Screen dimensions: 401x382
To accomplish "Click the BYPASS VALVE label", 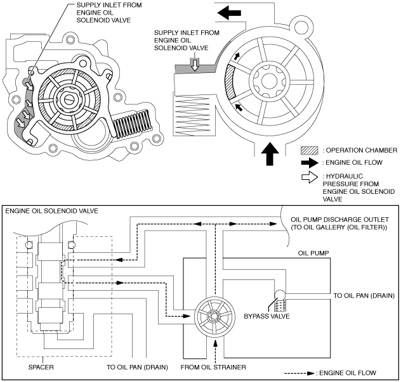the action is [x=266, y=316].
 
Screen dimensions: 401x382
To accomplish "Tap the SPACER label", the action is [x=41, y=367].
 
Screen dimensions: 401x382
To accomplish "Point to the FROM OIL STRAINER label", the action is [x=213, y=367].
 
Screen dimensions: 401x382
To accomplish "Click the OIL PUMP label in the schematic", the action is [x=313, y=253].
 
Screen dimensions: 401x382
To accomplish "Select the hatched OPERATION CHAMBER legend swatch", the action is [x=310, y=151].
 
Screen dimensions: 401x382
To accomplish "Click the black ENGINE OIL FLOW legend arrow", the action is [x=310, y=163].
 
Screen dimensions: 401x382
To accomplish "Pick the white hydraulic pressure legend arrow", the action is [x=310, y=177].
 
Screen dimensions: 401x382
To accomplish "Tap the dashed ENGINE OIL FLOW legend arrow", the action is [x=299, y=373].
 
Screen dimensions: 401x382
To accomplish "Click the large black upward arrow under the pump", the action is [x=270, y=154].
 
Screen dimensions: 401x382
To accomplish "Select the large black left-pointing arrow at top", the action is [x=229, y=13].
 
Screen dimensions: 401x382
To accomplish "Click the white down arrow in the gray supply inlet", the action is [x=195, y=64].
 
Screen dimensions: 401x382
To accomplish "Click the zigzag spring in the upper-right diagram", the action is [x=192, y=115].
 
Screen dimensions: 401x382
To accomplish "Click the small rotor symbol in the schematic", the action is [x=214, y=317].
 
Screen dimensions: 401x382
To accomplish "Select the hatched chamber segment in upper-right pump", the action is [x=230, y=82].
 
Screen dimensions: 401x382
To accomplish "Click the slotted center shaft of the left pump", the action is [x=69, y=99].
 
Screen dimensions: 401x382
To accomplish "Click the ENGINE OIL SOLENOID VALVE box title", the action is [x=51, y=211].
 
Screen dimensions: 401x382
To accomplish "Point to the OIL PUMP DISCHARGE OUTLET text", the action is [x=339, y=220].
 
